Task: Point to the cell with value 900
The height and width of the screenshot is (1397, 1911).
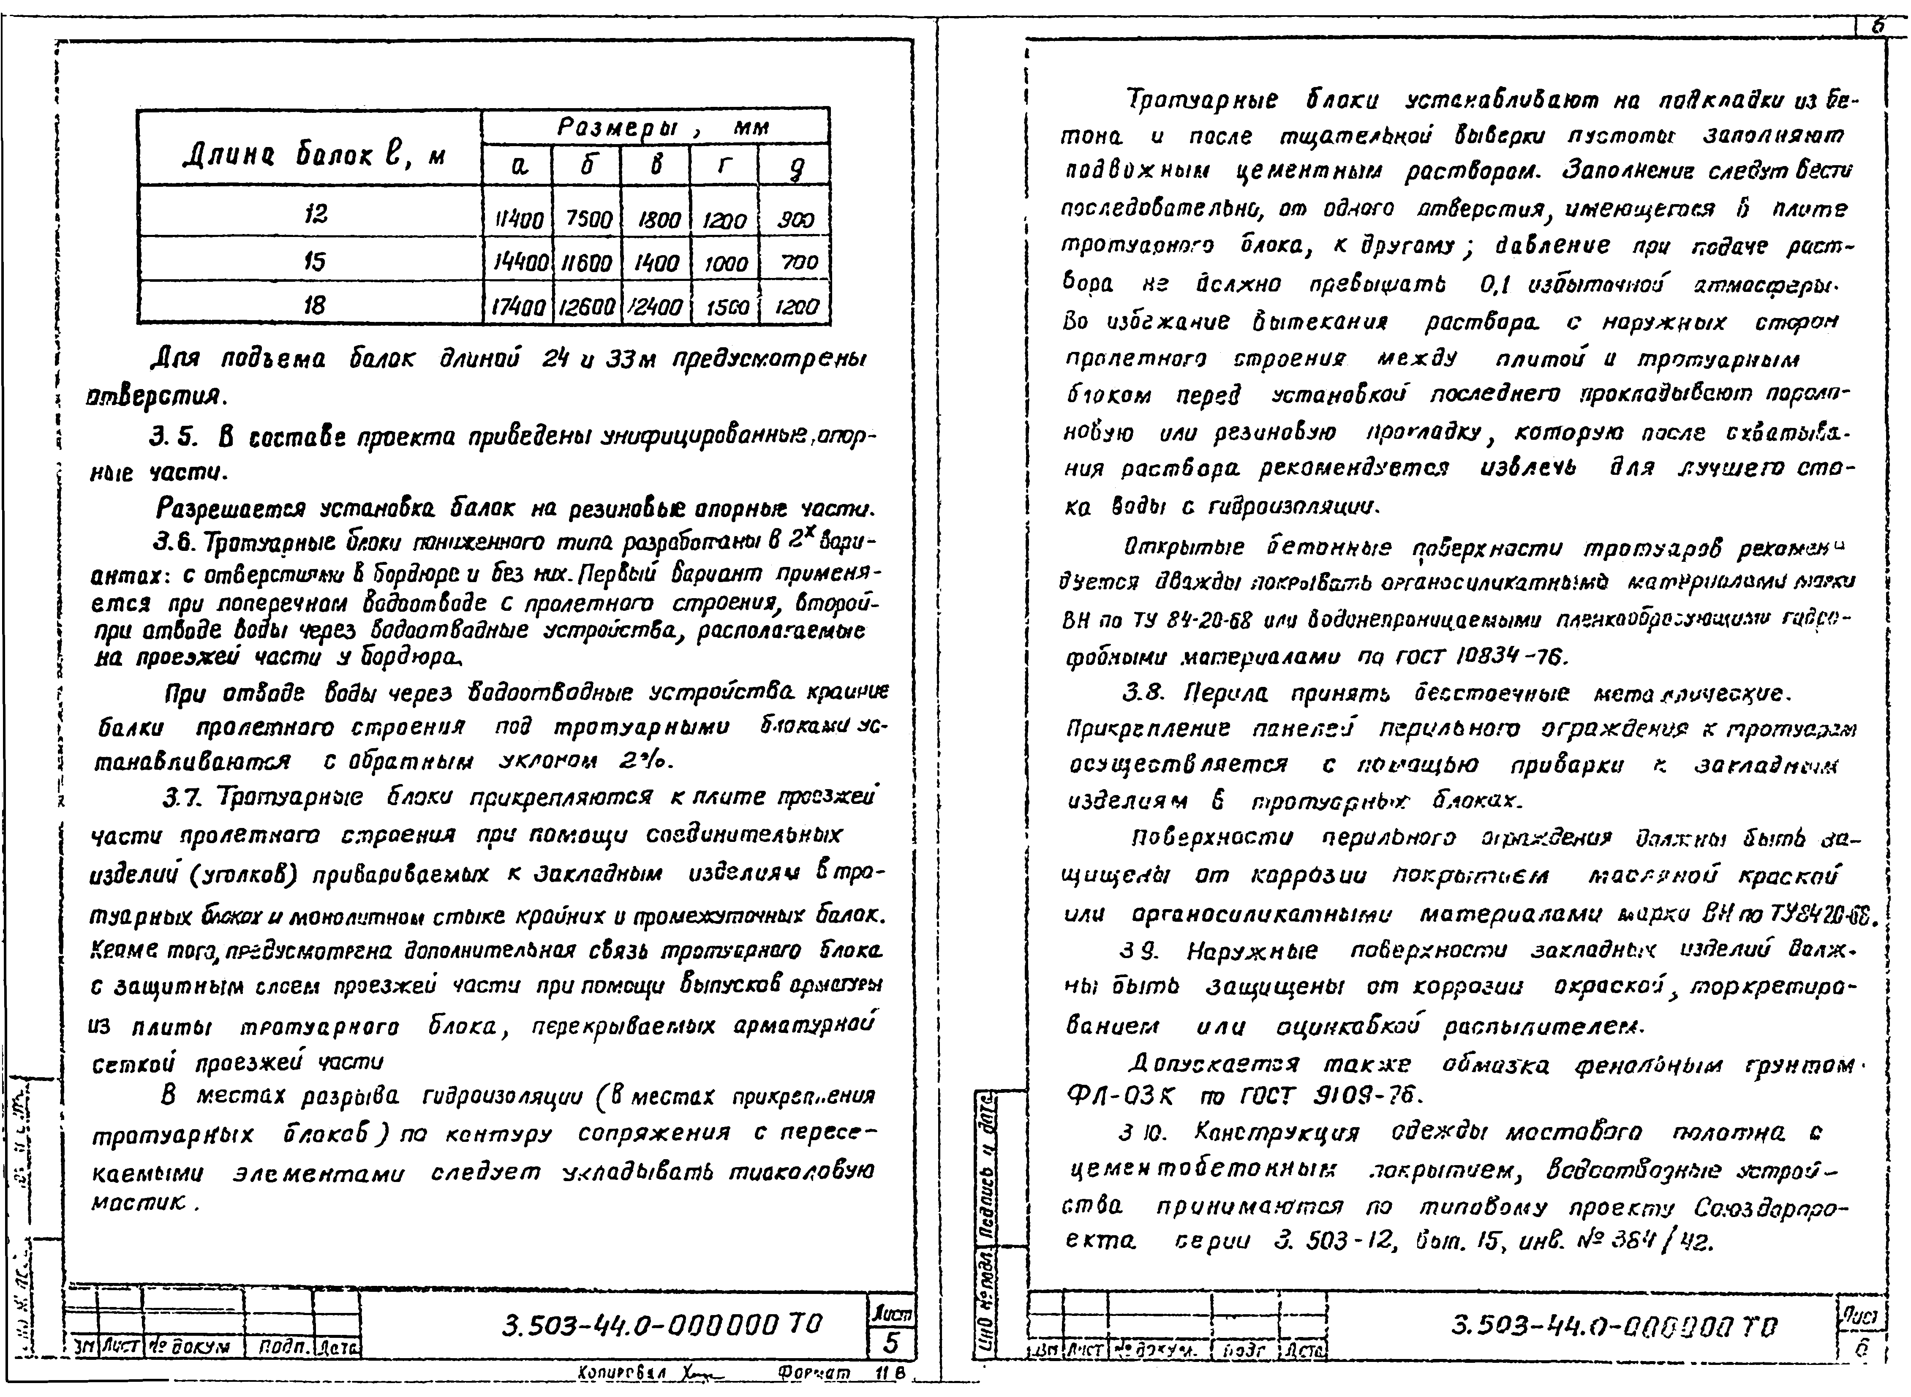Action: [795, 220]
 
